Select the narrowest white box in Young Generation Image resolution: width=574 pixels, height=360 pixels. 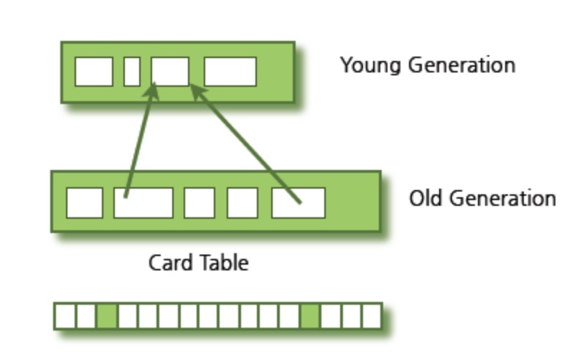131,72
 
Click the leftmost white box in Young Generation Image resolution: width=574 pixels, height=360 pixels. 94,72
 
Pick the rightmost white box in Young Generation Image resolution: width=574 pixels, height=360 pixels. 230,72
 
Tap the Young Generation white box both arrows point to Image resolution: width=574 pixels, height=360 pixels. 170,72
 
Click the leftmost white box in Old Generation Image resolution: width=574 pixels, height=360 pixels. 84,202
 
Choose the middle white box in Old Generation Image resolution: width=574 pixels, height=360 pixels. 199,202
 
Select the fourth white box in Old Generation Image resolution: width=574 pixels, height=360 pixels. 242,202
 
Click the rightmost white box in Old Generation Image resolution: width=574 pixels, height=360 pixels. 298,202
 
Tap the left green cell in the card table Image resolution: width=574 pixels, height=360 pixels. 107,316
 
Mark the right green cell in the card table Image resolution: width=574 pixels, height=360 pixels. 310,316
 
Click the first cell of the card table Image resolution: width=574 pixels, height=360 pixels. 65,316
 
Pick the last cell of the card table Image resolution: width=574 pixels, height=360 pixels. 372,316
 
